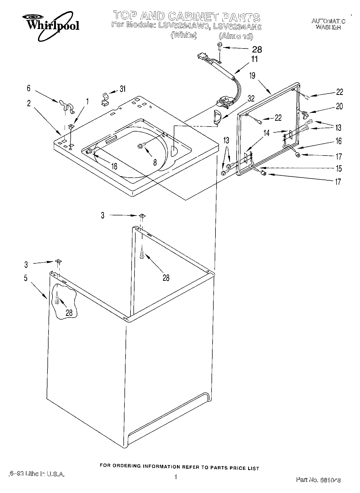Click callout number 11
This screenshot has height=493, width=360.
pos(254,59)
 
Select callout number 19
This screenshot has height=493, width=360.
pos(252,76)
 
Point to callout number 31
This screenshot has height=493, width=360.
pos(122,89)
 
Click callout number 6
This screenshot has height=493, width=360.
pos(28,88)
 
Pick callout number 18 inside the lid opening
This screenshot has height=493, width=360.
pos(114,166)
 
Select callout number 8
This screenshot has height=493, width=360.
pos(155,162)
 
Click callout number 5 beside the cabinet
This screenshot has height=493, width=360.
pos(26,278)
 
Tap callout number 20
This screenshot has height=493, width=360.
pos(339,106)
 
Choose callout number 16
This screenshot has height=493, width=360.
pos(338,141)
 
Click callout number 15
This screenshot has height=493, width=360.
pos(339,168)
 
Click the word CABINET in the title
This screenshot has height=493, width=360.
pos(194,17)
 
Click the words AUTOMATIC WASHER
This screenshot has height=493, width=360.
pos(328,24)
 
